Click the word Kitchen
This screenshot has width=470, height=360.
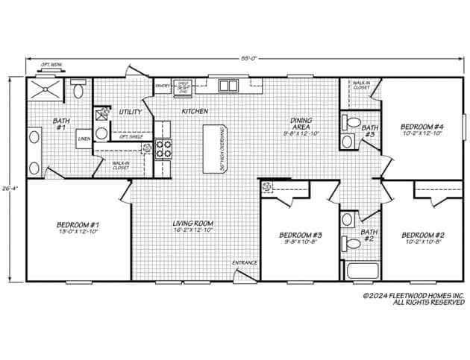(x=195, y=111)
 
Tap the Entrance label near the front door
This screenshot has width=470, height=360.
(x=244, y=262)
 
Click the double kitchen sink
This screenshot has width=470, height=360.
(x=228, y=85)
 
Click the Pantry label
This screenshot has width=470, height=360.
(x=162, y=85)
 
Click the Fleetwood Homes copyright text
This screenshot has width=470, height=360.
(x=413, y=299)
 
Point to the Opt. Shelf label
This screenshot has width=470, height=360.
(x=131, y=136)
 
